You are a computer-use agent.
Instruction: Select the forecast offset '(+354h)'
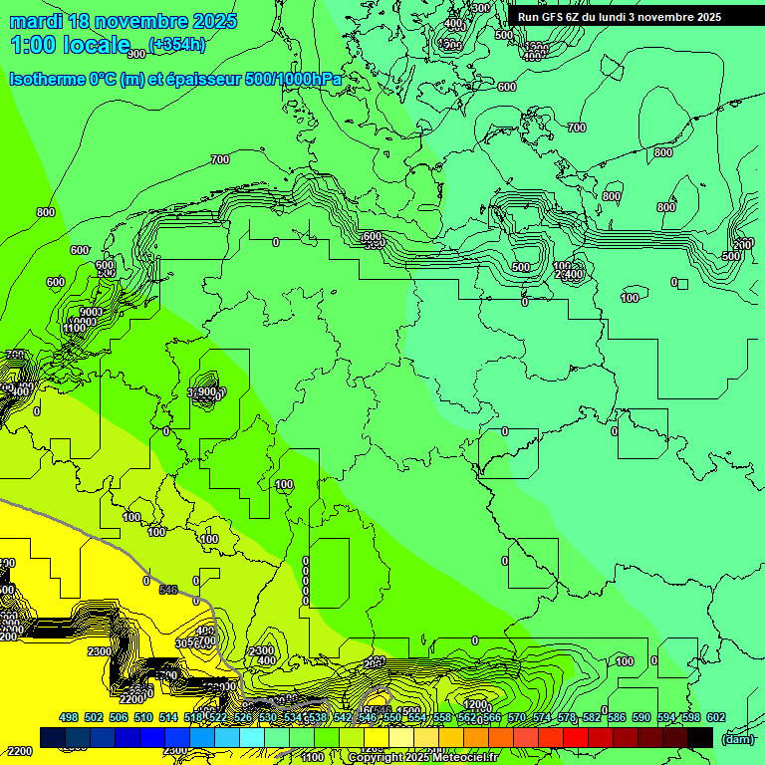pos(177,44)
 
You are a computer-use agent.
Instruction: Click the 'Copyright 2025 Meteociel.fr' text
pos(422,758)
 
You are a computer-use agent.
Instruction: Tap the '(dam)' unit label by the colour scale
pos(737,738)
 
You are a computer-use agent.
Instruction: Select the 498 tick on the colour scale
pos(69,717)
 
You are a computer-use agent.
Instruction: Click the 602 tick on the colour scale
pos(715,717)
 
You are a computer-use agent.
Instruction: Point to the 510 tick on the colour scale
pos(143,717)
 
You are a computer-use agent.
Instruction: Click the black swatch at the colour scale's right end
pos(700,737)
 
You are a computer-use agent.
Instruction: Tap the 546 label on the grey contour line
pos(168,591)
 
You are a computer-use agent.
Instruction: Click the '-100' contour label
pos(283,485)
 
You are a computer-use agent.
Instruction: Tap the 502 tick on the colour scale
pos(94,717)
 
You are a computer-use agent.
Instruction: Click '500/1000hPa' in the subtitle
pos(299,79)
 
